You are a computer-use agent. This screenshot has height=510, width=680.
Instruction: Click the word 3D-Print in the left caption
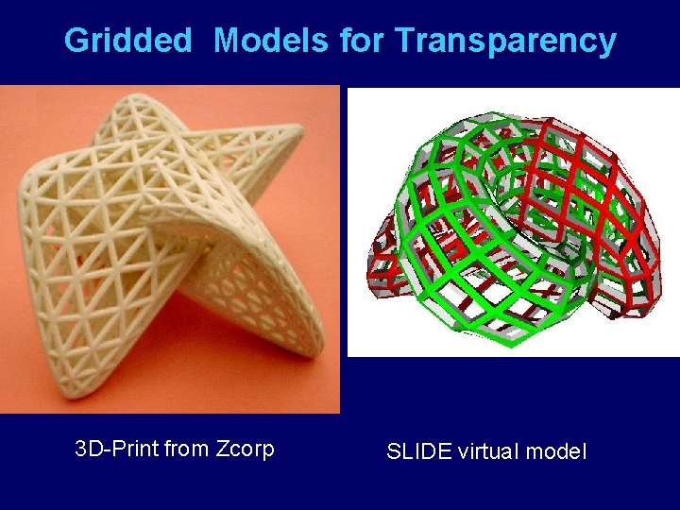click(x=116, y=449)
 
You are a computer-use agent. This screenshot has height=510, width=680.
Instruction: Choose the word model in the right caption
click(x=556, y=451)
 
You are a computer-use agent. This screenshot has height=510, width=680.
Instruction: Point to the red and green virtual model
click(x=510, y=227)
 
